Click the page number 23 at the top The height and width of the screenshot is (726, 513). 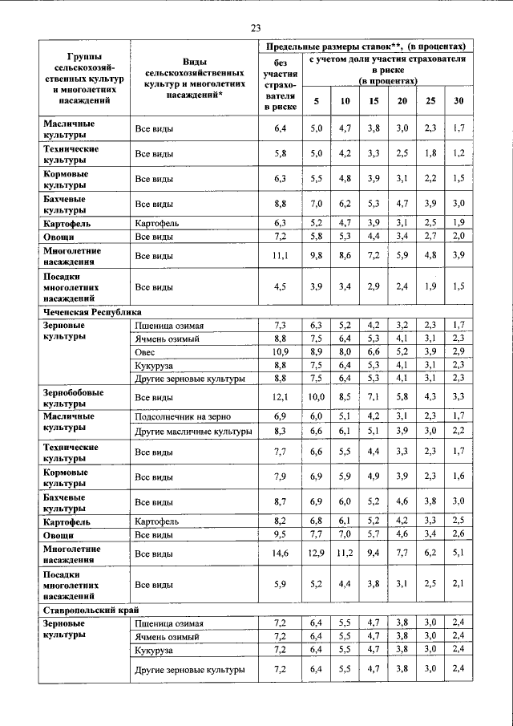[x=256, y=28]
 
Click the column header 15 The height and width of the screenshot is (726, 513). [x=374, y=101]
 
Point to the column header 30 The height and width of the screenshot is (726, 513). [x=458, y=101]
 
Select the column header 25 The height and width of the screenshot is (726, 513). [x=430, y=101]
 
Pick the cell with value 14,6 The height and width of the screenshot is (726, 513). [x=280, y=554]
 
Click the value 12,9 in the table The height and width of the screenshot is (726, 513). [x=316, y=554]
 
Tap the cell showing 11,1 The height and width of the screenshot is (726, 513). [x=280, y=255]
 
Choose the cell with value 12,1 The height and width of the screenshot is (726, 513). [x=280, y=396]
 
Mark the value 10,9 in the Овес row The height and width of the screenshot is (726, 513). [x=280, y=351]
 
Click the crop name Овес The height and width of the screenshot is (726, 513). [x=144, y=351]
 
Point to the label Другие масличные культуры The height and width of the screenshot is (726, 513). [x=194, y=432]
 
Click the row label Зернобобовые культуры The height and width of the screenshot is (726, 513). [x=71, y=396]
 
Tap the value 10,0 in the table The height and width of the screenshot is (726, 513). [x=316, y=396]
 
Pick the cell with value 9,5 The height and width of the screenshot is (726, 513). [x=280, y=533]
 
